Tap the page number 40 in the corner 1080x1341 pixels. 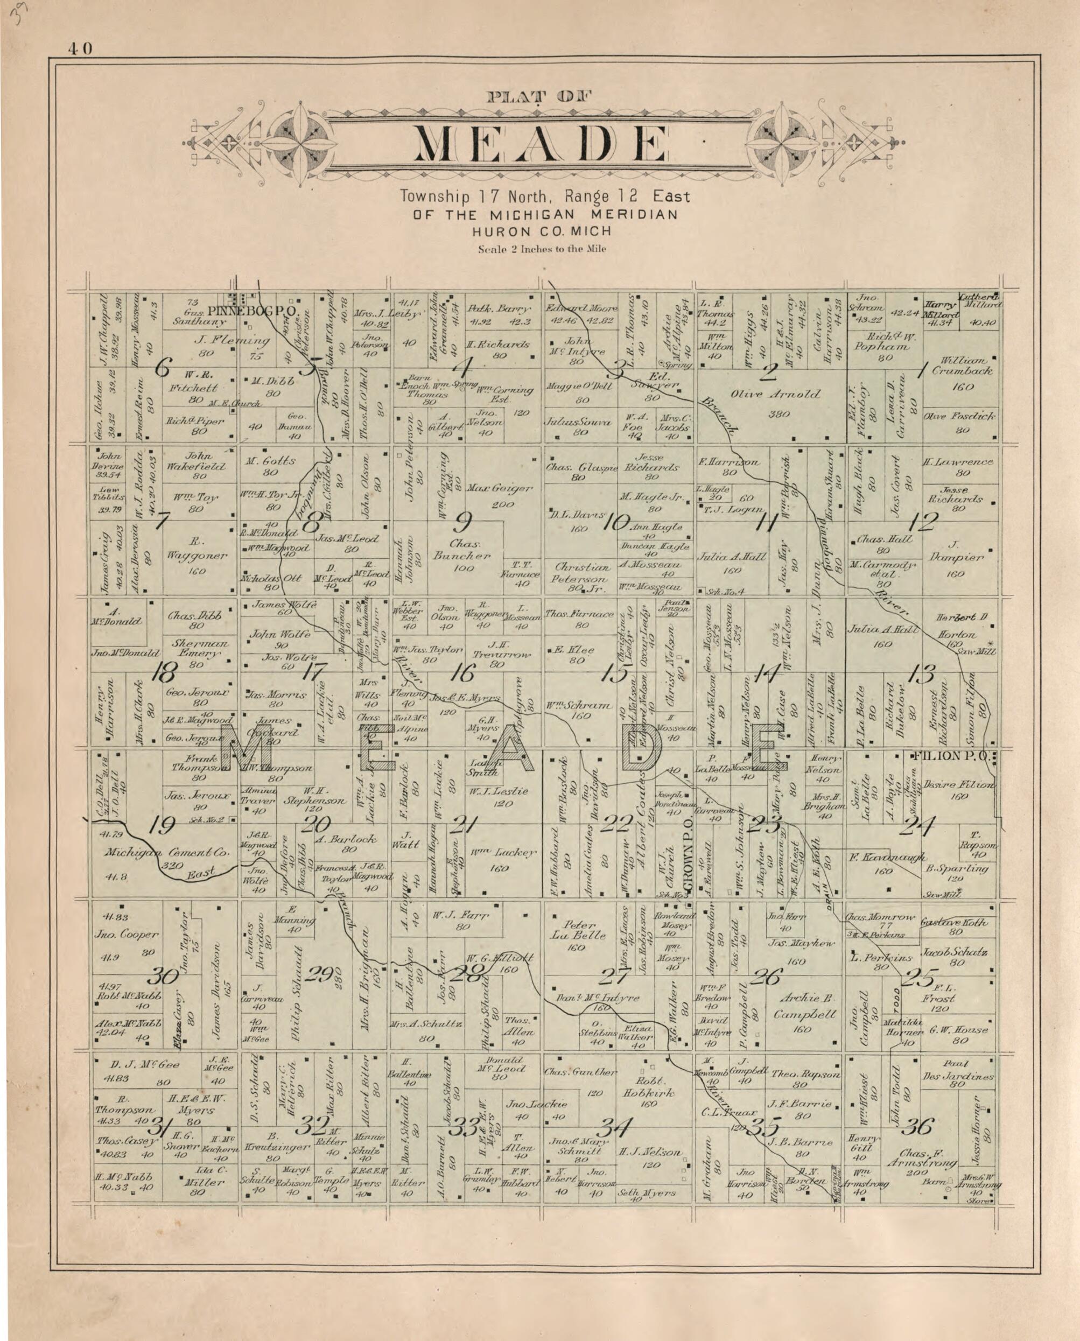[81, 48]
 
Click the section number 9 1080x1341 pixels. [464, 520]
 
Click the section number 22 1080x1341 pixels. [616, 824]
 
